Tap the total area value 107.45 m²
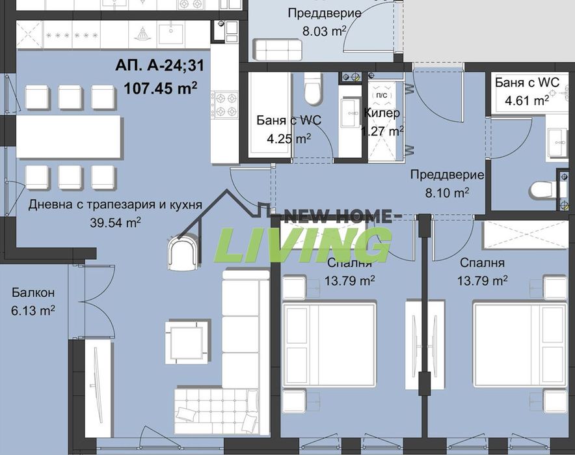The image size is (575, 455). point(161,87)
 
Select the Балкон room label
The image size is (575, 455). point(32,293)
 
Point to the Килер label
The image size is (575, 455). point(382,113)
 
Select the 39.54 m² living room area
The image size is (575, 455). point(115,221)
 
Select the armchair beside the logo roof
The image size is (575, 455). point(183,253)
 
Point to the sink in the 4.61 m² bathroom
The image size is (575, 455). point(558,140)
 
